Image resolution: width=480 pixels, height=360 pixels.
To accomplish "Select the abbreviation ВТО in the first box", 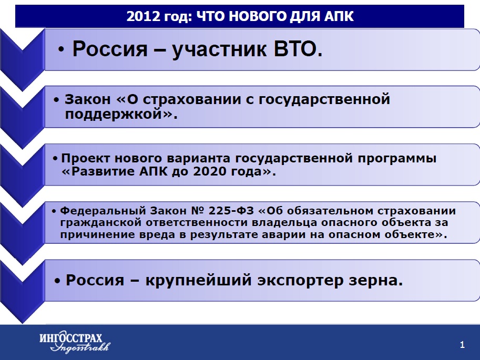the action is (298, 49).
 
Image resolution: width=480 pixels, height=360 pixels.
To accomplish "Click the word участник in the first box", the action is (219, 49).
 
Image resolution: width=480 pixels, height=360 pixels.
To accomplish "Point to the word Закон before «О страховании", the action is (88, 99).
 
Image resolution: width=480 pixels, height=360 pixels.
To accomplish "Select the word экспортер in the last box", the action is (300, 280).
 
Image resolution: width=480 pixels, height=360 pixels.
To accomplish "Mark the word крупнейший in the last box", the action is (198, 280).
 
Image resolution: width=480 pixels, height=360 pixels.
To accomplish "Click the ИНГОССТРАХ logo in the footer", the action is (74, 342).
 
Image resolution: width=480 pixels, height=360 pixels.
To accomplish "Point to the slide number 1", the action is (462, 345).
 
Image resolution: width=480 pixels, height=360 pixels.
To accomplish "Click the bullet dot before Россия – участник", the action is (61, 49).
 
